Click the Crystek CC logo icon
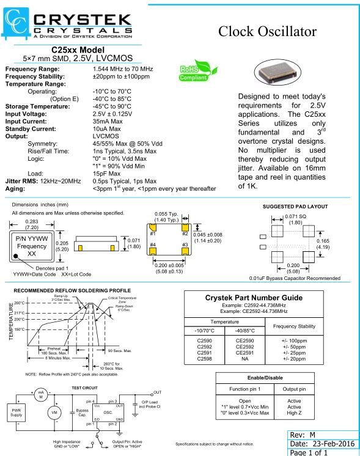point(16,23)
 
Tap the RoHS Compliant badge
point(198,71)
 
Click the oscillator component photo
point(277,72)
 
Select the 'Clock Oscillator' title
point(267,31)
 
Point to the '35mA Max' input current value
point(108,121)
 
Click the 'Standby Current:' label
point(31,129)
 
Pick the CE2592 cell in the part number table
point(244,347)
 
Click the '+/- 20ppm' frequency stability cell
point(294,359)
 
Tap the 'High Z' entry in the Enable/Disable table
point(294,413)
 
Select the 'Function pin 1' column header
point(245,389)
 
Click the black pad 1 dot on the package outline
point(16,256)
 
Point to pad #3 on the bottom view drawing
point(185,251)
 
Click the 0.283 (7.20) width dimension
point(32,224)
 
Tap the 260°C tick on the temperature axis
point(20,303)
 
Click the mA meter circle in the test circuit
point(41,395)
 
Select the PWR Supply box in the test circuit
point(17,413)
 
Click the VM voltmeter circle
point(54,413)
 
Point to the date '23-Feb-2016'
point(334,444)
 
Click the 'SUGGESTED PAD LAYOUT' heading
point(295,207)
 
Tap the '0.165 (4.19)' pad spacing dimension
point(323,244)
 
